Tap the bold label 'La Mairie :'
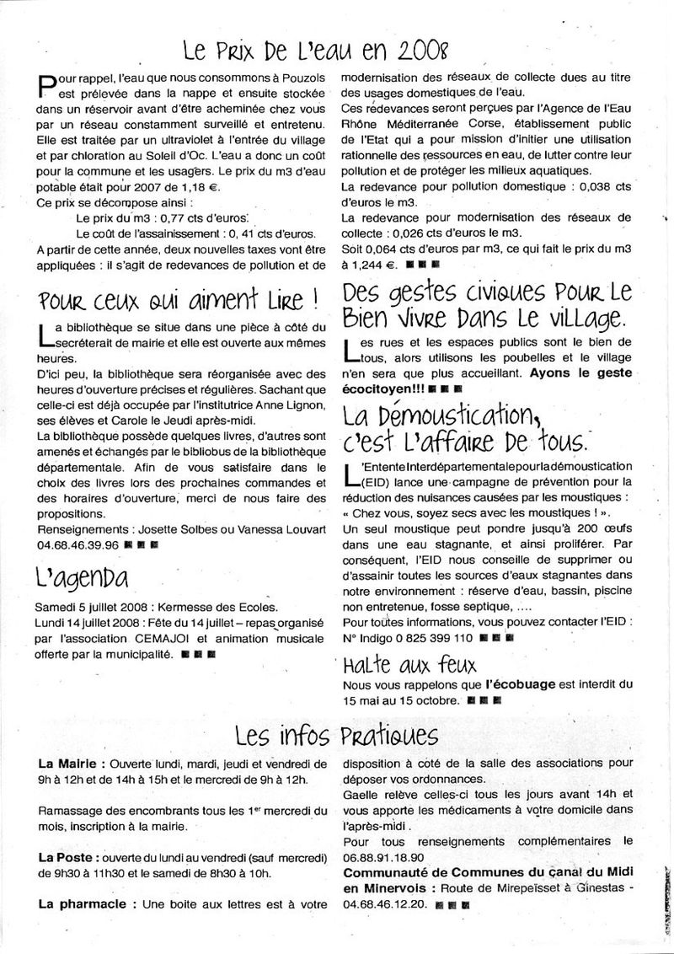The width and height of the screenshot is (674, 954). tap(72, 764)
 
